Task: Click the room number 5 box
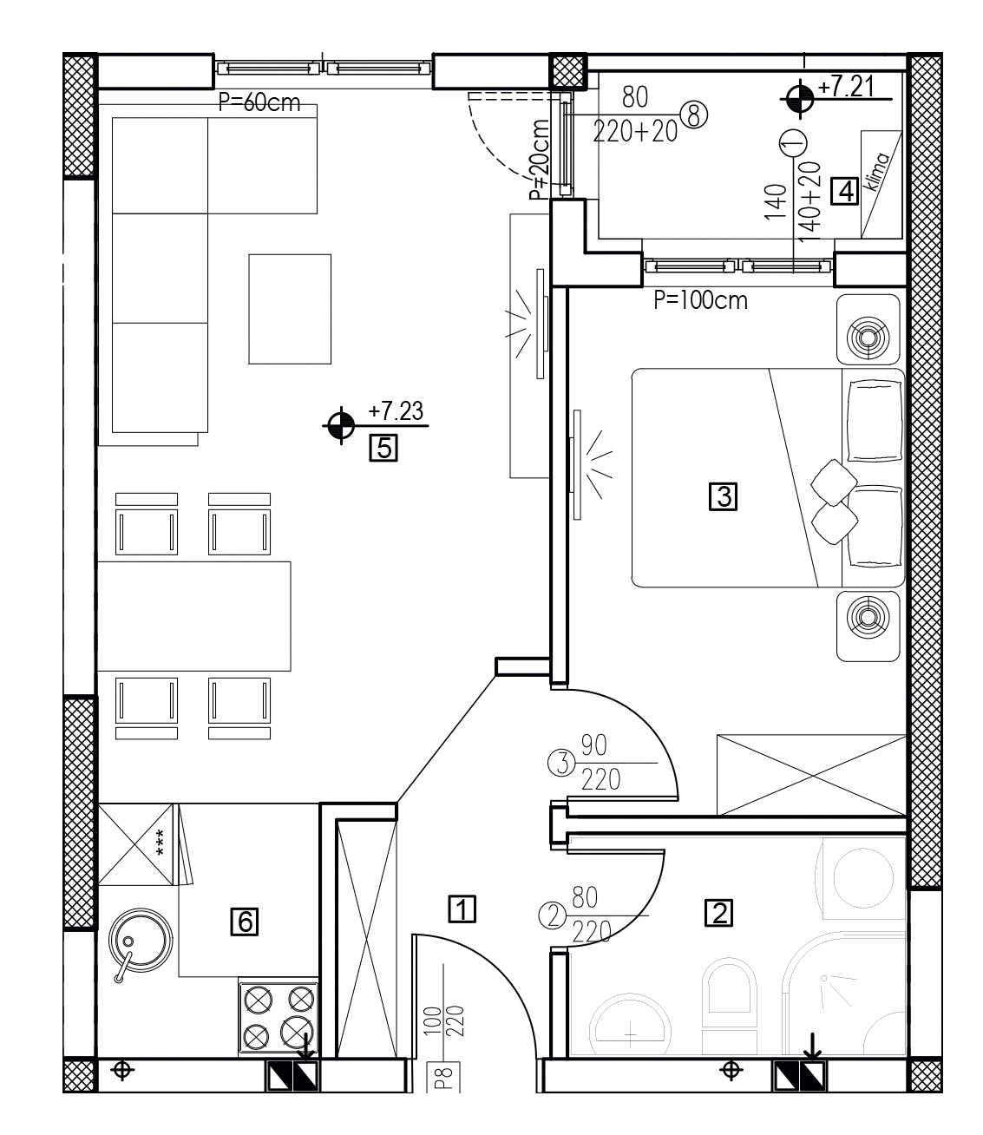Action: point(383,448)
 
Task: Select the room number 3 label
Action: point(724,496)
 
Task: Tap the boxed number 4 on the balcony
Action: point(844,192)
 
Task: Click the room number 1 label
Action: point(462,909)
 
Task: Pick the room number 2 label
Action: point(719,913)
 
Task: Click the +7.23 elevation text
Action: point(396,411)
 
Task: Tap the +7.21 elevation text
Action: point(846,88)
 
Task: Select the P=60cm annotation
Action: point(259,102)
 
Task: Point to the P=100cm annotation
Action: point(701,300)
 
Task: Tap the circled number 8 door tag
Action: point(693,115)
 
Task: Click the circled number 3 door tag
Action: point(562,764)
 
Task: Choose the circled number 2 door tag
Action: point(553,916)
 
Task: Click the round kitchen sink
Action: point(140,941)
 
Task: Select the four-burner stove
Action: point(279,1018)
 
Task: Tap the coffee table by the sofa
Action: point(290,309)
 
